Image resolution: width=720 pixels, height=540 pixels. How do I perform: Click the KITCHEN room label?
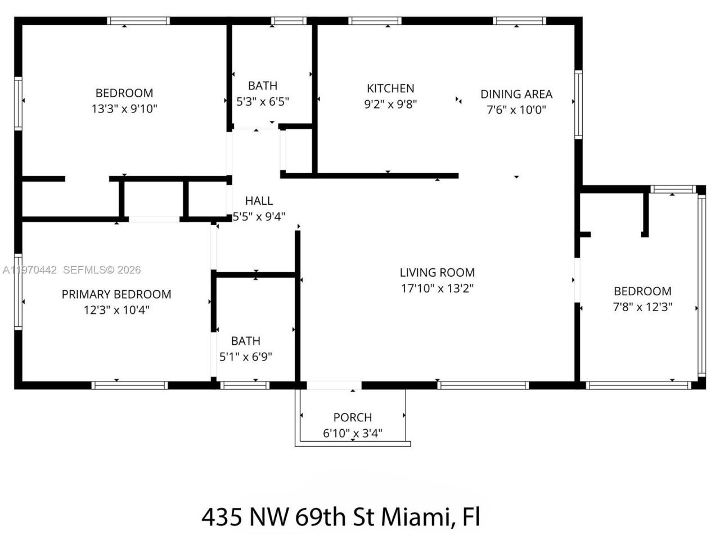[390, 88]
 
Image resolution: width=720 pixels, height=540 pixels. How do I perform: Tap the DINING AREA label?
[516, 94]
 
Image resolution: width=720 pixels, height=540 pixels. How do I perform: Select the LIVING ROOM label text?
[437, 273]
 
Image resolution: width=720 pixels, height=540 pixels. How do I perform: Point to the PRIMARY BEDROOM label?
[116, 294]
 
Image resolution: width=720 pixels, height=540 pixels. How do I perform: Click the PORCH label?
[353, 417]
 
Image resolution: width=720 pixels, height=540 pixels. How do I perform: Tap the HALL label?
[259, 201]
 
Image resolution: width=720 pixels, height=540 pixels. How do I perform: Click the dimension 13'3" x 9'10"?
[124, 109]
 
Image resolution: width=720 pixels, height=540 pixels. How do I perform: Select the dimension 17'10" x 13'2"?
[437, 289]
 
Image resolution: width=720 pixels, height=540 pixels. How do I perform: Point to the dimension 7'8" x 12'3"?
[642, 307]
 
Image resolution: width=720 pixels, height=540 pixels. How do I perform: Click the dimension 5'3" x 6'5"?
[263, 102]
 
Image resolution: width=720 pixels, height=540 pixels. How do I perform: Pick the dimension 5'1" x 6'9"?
[246, 357]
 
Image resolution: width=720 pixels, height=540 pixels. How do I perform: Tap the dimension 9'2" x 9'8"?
[390, 104]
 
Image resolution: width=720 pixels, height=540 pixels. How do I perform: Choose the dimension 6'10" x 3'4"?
[353, 433]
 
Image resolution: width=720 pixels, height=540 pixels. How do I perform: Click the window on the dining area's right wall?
[578, 104]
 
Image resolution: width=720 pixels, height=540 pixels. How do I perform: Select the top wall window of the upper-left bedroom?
[138, 21]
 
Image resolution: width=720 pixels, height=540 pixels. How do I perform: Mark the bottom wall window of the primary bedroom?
[129, 385]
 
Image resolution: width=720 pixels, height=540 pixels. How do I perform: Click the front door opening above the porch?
[334, 385]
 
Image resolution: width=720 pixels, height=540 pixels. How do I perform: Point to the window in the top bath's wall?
[288, 21]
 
